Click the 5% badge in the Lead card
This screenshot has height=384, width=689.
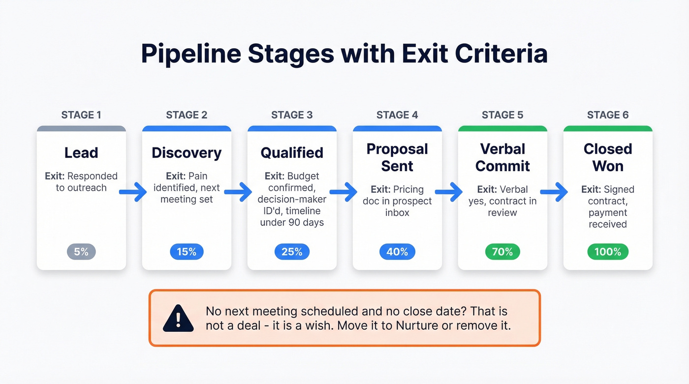click(x=81, y=252)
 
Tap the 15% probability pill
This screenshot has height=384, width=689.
click(x=187, y=252)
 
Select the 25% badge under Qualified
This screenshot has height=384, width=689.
click(x=292, y=252)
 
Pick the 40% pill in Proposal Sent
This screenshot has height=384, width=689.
click(x=397, y=252)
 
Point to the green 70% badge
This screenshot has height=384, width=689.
click(x=502, y=252)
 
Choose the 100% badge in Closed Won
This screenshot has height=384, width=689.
click(x=608, y=252)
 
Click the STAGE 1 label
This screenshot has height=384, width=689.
click(x=81, y=115)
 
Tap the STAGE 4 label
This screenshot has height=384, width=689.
click(x=397, y=115)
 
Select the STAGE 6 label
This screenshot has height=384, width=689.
click(x=608, y=115)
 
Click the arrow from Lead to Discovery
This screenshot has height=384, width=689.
click(x=133, y=192)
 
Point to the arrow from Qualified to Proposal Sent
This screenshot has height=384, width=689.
click(x=344, y=192)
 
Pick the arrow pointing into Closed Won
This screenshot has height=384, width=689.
click(x=554, y=192)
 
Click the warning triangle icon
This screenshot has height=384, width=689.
click(x=178, y=318)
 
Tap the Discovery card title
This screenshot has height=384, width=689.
click(x=187, y=153)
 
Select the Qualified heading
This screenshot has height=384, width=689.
click(x=292, y=153)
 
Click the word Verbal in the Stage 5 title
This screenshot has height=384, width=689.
click(x=502, y=149)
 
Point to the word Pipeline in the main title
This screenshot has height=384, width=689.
click(x=190, y=54)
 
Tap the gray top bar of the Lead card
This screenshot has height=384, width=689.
click(x=81, y=129)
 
